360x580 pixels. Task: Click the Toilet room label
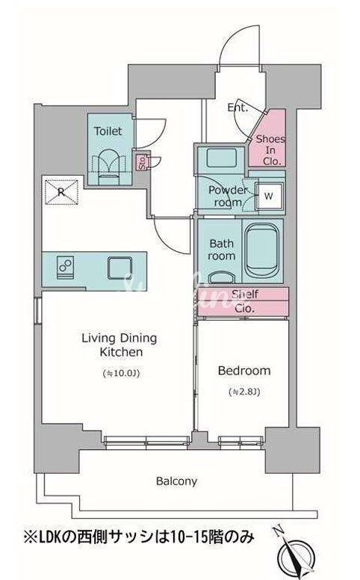click(108, 131)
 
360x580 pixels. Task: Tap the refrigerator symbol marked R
click(62, 191)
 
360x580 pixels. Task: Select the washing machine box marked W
click(269, 196)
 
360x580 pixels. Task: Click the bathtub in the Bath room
click(261, 251)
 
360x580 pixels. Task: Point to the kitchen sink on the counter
click(120, 268)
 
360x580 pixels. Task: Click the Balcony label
click(176, 481)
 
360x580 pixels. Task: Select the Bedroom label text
click(244, 370)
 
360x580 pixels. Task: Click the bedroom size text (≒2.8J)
click(244, 392)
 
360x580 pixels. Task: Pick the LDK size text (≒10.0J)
click(121, 373)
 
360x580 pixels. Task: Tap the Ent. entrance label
click(238, 108)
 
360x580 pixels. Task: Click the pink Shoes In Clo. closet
click(269, 139)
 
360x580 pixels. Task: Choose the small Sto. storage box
click(143, 162)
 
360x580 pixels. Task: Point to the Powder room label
click(228, 196)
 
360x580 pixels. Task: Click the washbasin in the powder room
click(221, 158)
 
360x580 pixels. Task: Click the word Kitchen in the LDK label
click(121, 352)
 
